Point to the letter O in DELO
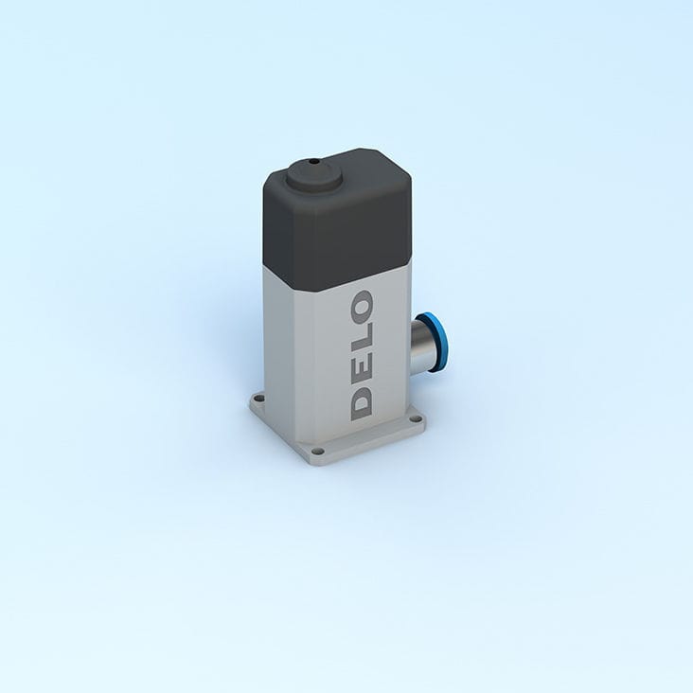[362, 306]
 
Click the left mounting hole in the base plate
[256, 400]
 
